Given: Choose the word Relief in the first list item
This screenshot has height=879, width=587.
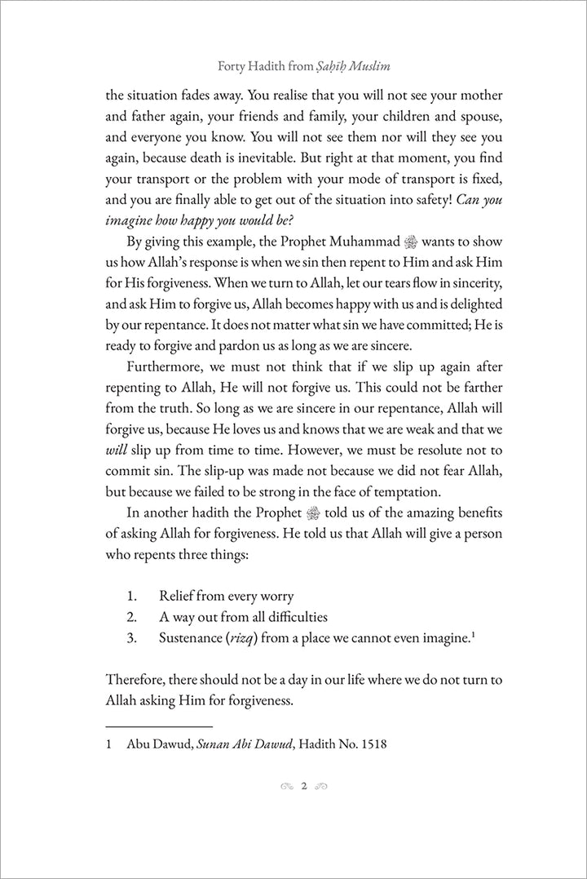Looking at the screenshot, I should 179,595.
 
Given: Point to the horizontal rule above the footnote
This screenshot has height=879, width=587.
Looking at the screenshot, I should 159,725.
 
